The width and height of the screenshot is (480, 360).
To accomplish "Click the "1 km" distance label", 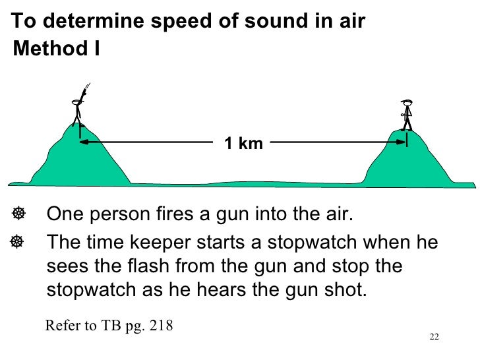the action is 243,143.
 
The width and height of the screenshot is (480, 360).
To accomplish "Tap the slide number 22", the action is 433,337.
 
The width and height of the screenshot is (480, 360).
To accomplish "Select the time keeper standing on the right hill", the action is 407,115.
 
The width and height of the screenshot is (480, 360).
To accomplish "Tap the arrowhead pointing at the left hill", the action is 84,142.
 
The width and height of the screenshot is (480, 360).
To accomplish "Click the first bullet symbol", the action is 19,214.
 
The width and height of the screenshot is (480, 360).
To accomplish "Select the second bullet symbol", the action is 19,242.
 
